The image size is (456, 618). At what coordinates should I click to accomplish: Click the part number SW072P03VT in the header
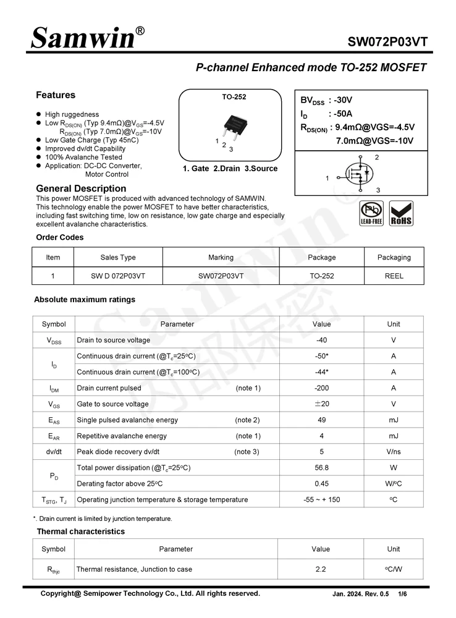click(387, 42)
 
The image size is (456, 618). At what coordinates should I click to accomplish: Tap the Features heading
click(56, 95)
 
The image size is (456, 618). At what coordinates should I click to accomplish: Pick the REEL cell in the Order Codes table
click(394, 276)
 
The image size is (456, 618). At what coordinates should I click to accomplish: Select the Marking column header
click(221, 258)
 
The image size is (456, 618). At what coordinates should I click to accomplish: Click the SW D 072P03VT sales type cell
click(118, 276)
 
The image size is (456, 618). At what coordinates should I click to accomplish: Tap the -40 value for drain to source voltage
click(321, 340)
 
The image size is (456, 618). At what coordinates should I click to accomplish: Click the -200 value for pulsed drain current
click(321, 388)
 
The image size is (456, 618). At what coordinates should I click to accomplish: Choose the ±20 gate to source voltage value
click(321, 404)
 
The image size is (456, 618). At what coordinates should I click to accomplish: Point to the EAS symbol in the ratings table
click(54, 420)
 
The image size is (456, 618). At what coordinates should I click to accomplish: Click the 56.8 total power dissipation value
click(321, 468)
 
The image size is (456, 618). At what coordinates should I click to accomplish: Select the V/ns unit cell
click(394, 452)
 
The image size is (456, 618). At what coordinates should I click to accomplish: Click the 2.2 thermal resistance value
click(321, 569)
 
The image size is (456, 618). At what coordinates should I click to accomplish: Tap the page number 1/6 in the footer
click(403, 594)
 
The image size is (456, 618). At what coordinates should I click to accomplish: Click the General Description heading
click(81, 188)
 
